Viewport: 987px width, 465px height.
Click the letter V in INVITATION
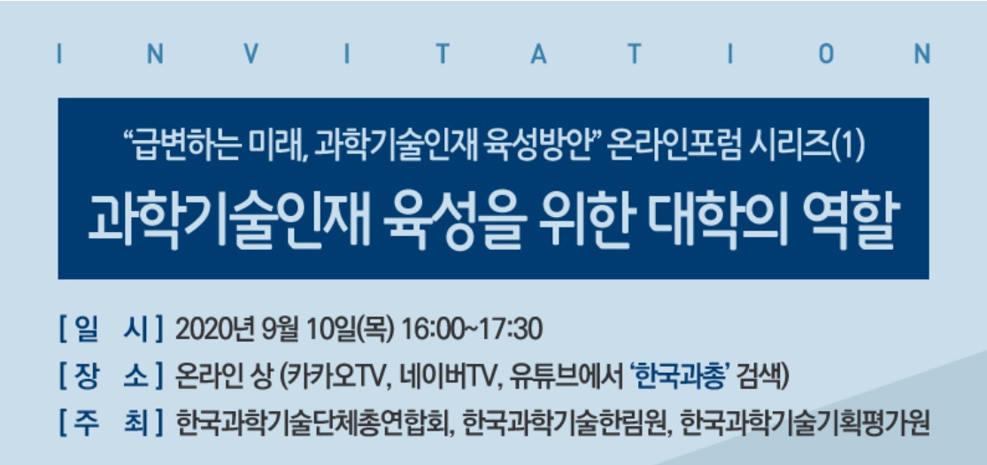point(251,55)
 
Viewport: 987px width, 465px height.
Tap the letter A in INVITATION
point(538,55)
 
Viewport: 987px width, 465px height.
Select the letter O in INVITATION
point(826,55)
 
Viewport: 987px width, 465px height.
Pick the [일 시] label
point(111,329)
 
